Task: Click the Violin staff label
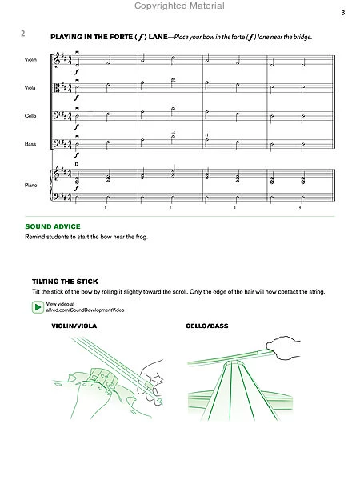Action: [32, 61]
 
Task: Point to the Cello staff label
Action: [31, 116]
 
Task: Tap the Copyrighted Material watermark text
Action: [180, 6]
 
